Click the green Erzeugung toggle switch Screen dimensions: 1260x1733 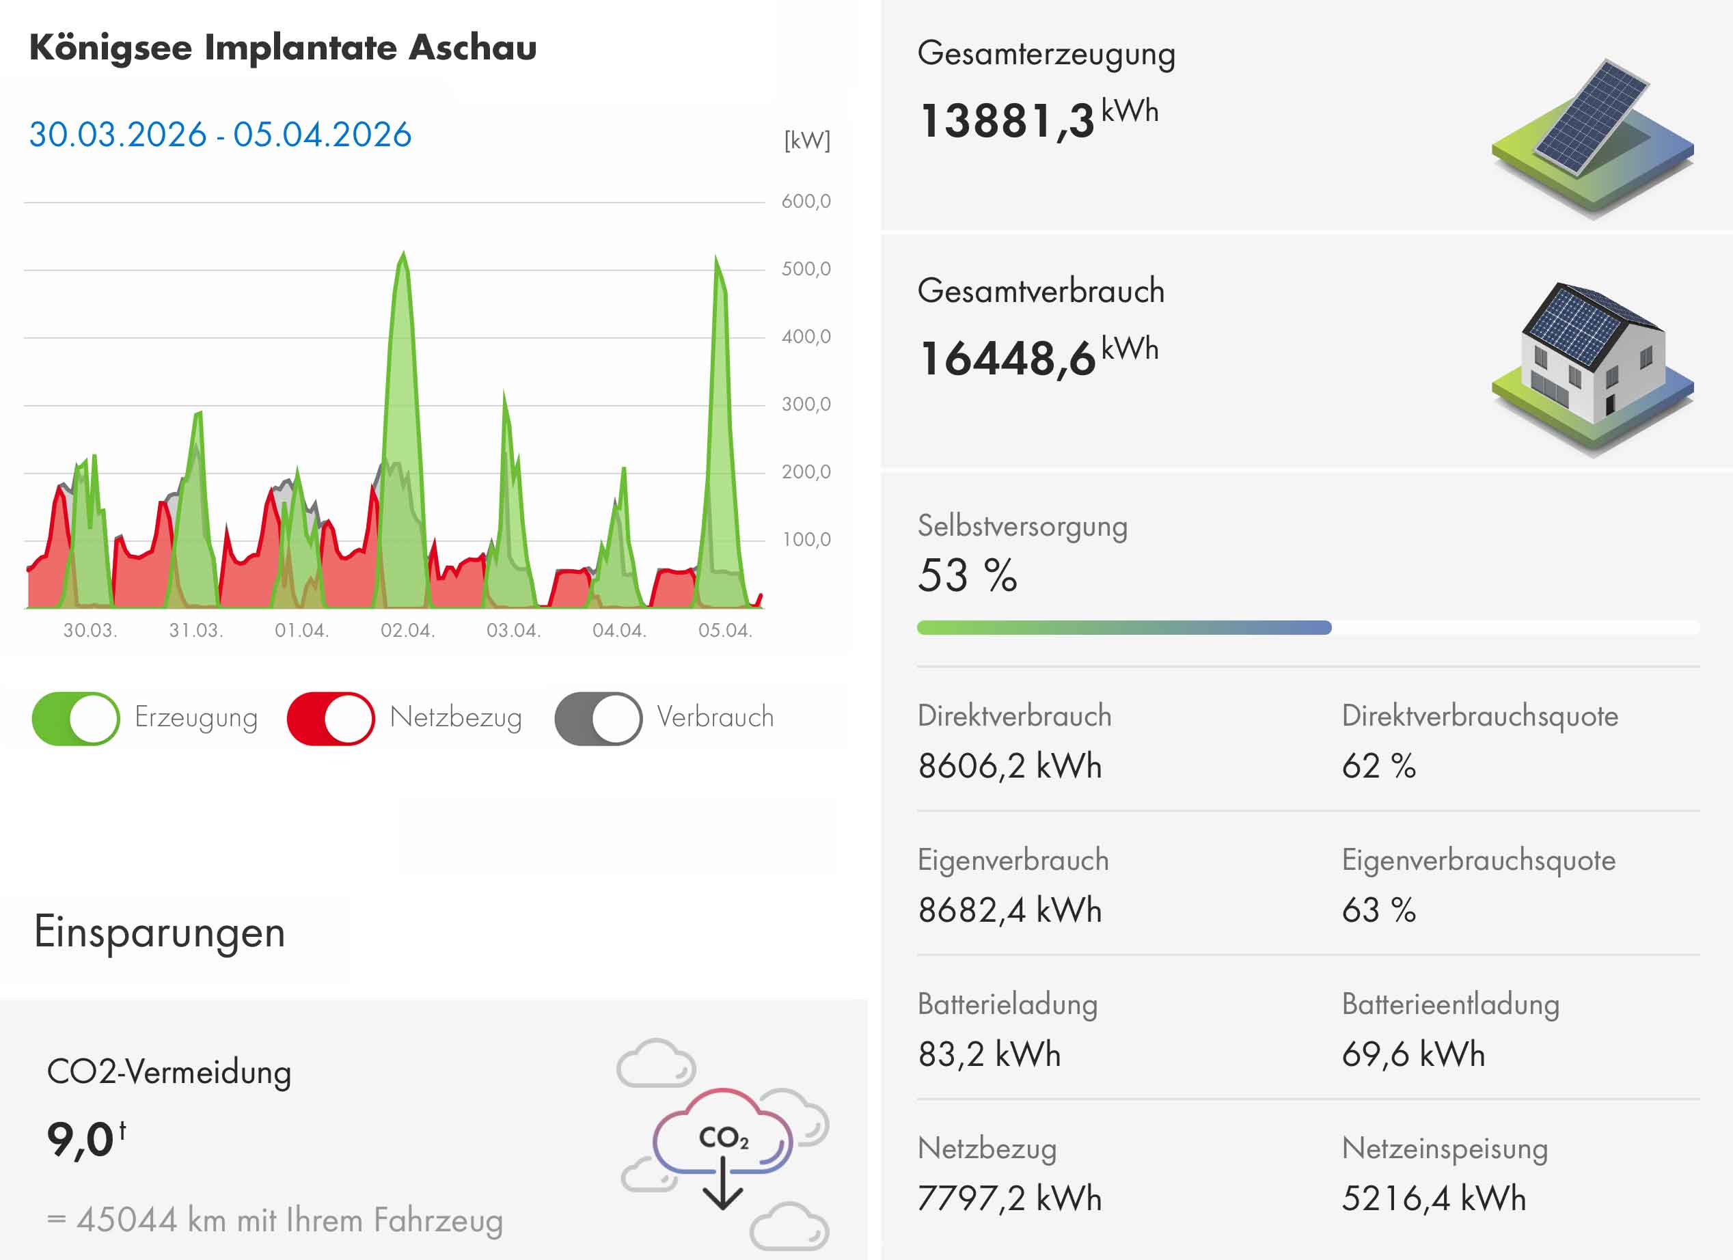[x=76, y=718]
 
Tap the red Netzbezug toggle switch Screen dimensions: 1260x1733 [x=330, y=718]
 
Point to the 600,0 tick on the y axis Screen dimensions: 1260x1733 [x=806, y=202]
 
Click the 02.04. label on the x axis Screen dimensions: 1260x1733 [x=407, y=631]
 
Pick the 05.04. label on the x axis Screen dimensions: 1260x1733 [x=725, y=631]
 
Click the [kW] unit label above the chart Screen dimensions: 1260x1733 [x=807, y=141]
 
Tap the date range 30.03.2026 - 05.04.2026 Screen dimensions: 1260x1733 [x=220, y=135]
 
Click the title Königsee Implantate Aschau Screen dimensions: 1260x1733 [x=283, y=47]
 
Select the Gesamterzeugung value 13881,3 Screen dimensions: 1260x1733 [x=1007, y=121]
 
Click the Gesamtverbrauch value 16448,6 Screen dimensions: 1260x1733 [x=1007, y=358]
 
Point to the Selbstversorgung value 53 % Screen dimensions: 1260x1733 [x=968, y=575]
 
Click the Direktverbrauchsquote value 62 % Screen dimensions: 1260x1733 [x=1378, y=765]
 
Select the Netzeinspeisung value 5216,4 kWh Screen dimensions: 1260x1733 [x=1434, y=1198]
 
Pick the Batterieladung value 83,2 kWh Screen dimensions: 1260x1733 [x=990, y=1054]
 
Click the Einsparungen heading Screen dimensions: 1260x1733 [x=160, y=932]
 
